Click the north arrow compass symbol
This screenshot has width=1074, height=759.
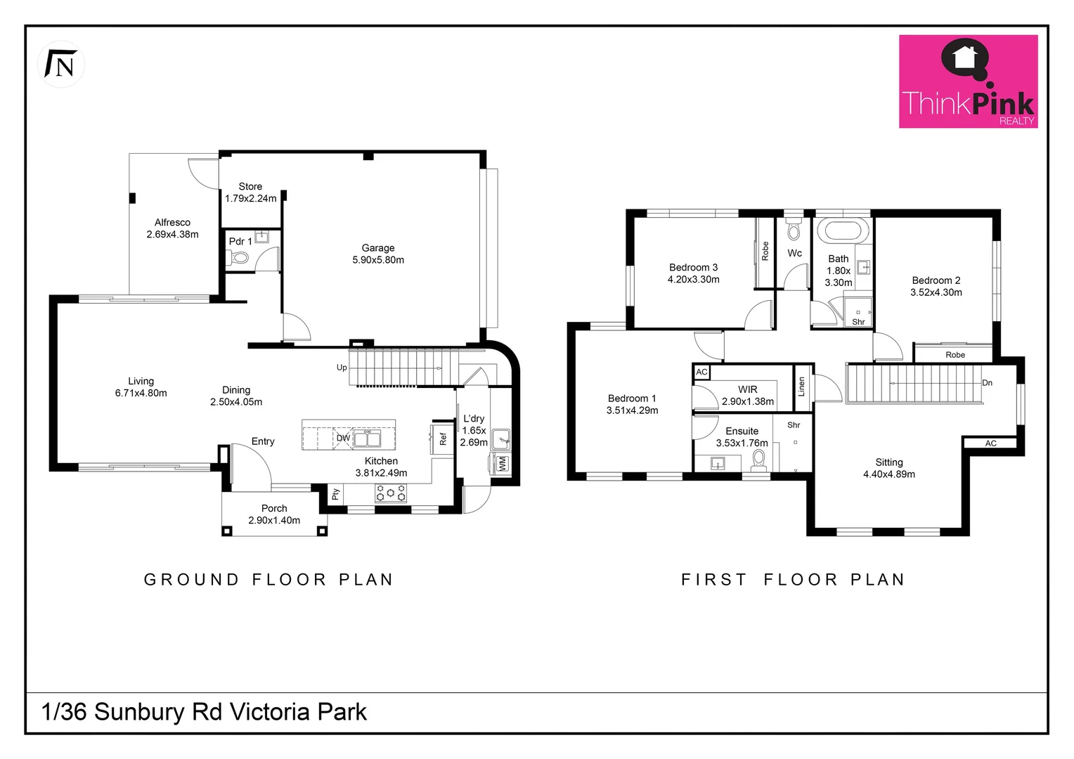tap(61, 65)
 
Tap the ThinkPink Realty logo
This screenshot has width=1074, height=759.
tap(968, 82)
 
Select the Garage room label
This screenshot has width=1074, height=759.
tap(378, 254)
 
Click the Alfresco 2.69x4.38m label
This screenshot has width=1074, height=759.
tap(172, 228)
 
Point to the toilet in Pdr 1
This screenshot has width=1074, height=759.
tap(239, 258)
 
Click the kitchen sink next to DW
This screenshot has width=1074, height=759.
tap(366, 439)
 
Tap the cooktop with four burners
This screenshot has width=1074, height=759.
tap(391, 493)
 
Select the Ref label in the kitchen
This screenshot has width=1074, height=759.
tap(443, 439)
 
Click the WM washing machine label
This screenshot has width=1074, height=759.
tap(502, 464)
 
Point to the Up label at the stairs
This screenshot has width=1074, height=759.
tap(342, 368)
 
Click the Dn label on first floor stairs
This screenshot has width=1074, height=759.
tap(987, 383)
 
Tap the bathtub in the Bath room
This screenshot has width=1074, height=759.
tap(842, 231)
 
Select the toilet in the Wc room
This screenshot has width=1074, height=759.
tap(794, 230)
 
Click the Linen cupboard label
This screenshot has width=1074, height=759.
tap(801, 387)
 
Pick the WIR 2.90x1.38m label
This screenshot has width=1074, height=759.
tap(748, 396)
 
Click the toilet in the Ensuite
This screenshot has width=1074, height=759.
tap(758, 459)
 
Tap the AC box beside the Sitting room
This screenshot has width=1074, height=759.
tap(990, 443)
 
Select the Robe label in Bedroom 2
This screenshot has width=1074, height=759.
tap(955, 355)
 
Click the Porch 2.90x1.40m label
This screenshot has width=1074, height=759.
tap(274, 514)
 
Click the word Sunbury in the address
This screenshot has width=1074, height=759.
tap(138, 712)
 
